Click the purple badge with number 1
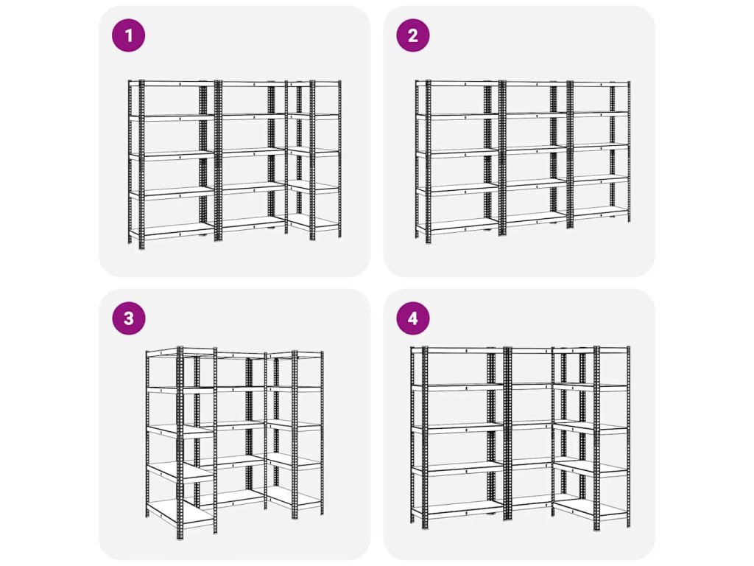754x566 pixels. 128,35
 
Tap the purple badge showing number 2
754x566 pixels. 413,35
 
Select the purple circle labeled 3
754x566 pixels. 128,318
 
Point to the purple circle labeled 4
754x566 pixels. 413,318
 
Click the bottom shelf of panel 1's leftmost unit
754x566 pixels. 172,231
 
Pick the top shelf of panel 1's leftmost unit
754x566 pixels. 172,84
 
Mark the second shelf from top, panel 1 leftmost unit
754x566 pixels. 172,117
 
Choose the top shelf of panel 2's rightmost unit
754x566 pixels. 600,85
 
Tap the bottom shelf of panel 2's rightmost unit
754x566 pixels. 600,212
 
